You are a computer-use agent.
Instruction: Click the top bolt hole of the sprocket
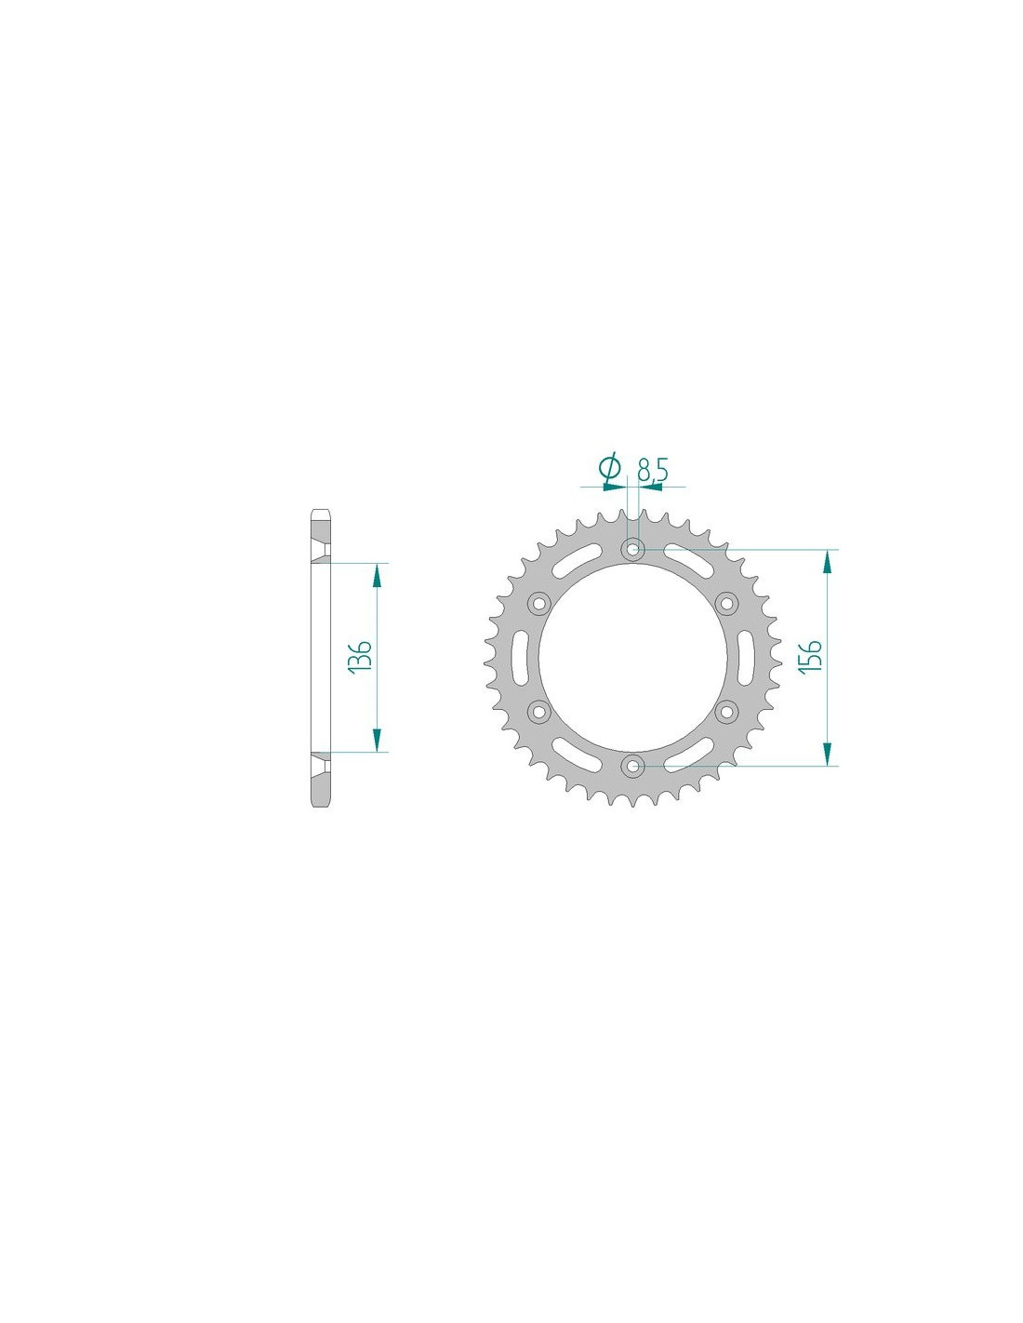633,549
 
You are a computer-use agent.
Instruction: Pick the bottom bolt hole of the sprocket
633,766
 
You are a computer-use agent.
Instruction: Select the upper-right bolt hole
726,604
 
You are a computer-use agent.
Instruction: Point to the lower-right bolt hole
726,711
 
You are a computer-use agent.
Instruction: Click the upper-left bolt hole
539,604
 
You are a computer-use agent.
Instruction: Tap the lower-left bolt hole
539,711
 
